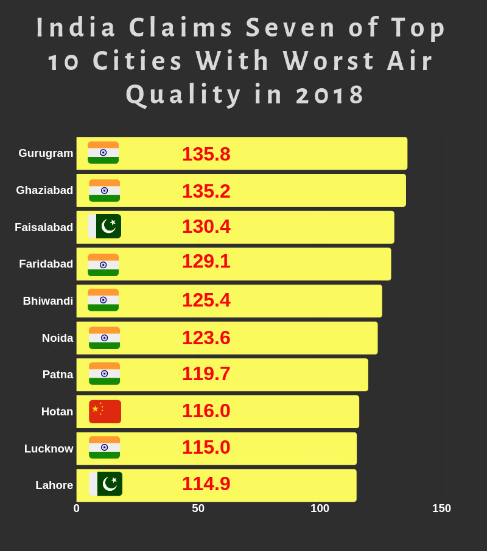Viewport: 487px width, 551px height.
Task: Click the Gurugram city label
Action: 46,153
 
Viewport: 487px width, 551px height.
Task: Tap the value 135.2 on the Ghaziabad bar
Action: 206,191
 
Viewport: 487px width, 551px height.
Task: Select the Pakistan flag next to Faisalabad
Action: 105,226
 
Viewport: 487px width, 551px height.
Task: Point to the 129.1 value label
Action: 206,261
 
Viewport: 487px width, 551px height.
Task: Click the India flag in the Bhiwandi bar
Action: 103,300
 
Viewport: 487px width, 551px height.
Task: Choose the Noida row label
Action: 57,338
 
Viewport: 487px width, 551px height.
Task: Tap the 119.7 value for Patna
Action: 206,373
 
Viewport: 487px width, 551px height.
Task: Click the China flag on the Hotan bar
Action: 105,412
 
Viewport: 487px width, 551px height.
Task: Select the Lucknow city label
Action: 49,449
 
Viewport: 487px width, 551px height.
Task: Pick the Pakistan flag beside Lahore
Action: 106,484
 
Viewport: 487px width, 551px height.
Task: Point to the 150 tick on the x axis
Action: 441,508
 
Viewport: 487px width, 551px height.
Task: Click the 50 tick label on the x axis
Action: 198,508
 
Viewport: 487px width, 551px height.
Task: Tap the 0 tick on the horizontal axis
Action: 77,508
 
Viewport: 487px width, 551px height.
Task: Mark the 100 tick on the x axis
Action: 320,508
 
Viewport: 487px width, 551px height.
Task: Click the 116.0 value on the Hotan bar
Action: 206,411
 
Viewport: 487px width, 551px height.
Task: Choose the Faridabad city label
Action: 46,264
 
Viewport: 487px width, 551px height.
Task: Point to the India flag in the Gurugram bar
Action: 103,153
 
